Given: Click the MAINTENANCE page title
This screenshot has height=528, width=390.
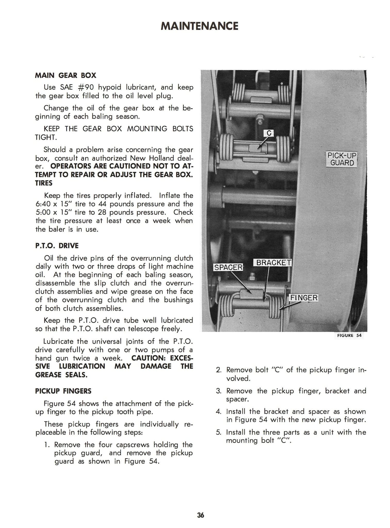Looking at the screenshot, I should pos(199,26).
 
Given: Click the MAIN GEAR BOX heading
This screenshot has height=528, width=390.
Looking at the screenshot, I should pos(66,76).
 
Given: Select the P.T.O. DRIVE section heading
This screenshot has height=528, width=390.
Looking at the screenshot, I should pos(57,246).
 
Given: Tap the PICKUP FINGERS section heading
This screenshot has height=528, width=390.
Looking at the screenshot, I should pos(63,391).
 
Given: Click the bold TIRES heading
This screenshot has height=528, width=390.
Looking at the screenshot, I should pos(44,183).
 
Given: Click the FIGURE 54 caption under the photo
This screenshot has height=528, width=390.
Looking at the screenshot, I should pos(349,335).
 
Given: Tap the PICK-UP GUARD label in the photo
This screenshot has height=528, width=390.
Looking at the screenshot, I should pos(342,159).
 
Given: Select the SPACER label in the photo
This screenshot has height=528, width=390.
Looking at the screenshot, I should pos(228,267).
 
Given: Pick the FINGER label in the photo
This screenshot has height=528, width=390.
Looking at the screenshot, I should pos(304,298).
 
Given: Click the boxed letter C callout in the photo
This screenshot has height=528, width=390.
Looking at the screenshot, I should pos(269,133).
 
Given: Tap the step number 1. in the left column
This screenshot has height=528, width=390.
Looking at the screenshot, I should pos(47,445).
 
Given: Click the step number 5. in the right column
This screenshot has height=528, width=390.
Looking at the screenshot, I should pos(219,432).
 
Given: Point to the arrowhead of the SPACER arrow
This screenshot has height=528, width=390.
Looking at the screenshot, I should pos(251,293).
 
